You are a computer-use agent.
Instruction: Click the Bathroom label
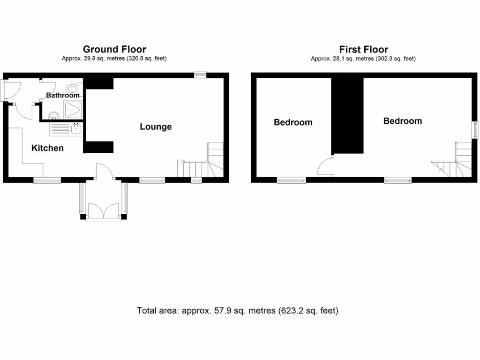tap(63, 95)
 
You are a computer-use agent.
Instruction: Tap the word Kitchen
tap(47, 148)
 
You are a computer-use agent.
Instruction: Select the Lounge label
tap(156, 127)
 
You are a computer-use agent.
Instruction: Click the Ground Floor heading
tap(114, 49)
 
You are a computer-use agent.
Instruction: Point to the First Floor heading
tap(364, 49)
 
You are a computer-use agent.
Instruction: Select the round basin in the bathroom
tap(54, 114)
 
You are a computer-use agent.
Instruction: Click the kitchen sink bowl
tap(76, 128)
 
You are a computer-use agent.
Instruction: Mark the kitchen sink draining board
tap(60, 129)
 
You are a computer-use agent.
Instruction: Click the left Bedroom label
tap(293, 122)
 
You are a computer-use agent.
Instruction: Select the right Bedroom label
tap(403, 121)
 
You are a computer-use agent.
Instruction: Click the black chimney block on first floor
tap(348, 115)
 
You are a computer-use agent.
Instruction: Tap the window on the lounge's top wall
tap(201, 74)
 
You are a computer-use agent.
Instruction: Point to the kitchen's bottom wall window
tap(47, 180)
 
